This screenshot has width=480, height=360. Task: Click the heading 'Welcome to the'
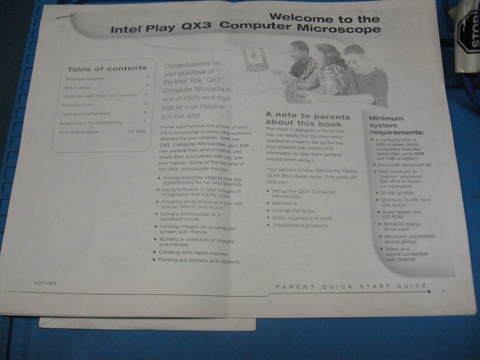click(324, 18)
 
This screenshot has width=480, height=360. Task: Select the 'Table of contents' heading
click(107, 68)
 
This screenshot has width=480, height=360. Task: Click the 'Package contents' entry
click(85, 78)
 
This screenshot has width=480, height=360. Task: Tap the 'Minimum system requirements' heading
click(396, 125)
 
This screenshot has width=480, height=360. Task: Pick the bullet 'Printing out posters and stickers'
click(199, 261)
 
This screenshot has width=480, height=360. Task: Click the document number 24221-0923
click(45, 283)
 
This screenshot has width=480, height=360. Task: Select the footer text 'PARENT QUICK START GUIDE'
click(351, 287)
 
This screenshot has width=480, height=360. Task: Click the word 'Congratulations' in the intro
click(192, 64)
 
